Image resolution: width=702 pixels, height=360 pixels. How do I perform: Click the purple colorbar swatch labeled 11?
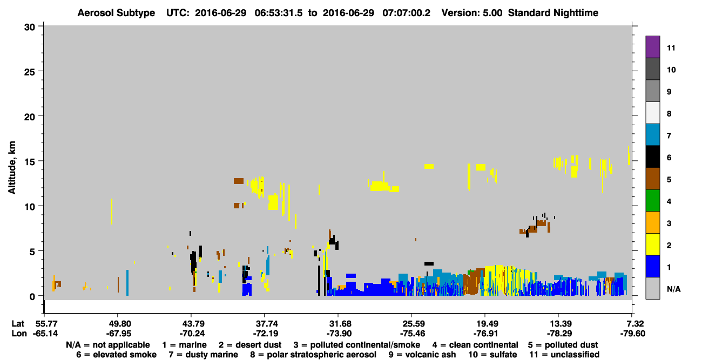pos(652,47)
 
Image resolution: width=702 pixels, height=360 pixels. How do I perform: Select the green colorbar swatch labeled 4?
pos(652,201)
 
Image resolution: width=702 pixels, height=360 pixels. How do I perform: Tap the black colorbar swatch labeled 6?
pos(652,157)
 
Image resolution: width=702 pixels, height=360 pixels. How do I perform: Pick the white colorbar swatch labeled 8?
pos(652,113)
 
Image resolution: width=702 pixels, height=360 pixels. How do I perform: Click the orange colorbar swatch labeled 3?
pos(652,222)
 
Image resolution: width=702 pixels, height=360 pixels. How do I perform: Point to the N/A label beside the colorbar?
pos(673,289)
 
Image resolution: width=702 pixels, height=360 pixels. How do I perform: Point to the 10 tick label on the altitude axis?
pos(30,207)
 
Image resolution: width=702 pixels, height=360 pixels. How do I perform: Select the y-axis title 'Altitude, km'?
pos(11,168)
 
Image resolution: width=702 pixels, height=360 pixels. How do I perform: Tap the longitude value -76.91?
pos(485,334)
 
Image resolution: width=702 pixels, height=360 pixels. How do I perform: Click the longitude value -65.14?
pos(45,334)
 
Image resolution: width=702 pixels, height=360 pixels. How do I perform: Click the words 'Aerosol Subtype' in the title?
pos(116,13)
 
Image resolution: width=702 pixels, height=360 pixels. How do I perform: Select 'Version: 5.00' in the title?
pos(472,13)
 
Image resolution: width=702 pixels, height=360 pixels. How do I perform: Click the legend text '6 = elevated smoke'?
pos(116,355)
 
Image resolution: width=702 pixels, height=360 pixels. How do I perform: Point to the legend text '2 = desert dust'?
pos(250,345)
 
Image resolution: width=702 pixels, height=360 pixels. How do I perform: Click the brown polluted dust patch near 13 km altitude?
pos(239,181)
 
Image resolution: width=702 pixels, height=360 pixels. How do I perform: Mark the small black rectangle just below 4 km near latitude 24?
pos(429,264)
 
